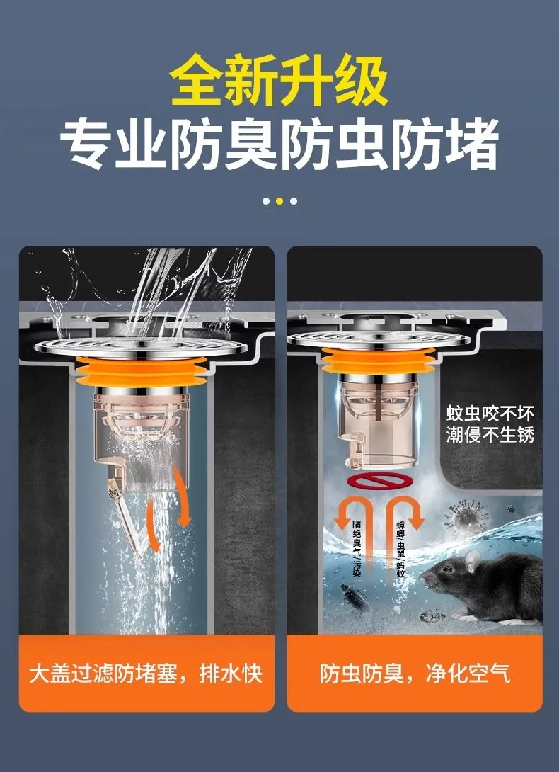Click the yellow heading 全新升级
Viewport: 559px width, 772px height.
pos(279,80)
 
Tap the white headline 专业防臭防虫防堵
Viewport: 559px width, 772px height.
pos(279,144)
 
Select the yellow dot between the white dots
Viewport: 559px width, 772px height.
pos(279,201)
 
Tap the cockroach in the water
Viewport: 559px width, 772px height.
pos(355,597)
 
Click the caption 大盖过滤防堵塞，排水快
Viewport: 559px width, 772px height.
pos(146,674)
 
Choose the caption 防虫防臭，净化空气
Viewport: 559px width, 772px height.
pos(415,674)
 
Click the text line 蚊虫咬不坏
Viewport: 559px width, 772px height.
pos(490,414)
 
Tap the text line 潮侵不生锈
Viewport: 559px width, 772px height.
pos(490,435)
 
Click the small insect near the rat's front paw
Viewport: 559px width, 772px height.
pos(432,615)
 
